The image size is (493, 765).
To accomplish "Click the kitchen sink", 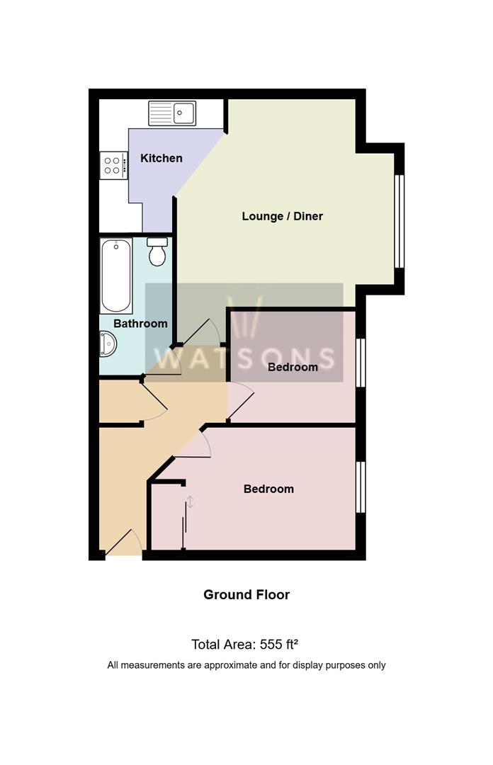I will pos(172,113).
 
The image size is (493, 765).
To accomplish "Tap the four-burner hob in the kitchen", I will pos(113,166).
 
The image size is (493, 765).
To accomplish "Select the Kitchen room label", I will pos(161,158).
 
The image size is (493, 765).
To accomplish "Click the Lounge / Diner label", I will pos(282,216).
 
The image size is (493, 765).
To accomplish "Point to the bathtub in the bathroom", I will pos(115,276).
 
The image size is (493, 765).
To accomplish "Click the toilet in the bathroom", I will pos(157,251).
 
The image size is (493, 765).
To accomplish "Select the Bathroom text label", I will pos(140,324).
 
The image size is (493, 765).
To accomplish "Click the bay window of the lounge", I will pos(399,220).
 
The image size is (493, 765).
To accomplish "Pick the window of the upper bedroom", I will pos(361,363).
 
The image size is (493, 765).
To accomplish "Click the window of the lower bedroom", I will pos(361,487).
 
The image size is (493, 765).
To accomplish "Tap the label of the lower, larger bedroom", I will pos(268,489).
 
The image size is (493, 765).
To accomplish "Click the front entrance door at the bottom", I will pos(123,544).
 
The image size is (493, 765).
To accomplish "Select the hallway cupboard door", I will pos(155,402).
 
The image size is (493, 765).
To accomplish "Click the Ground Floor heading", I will pos(246,595).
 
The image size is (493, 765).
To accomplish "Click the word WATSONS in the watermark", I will pos(244,358).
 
